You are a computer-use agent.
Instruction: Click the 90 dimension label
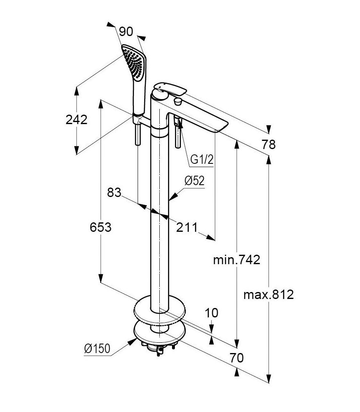[126, 32]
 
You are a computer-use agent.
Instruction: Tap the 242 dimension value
[77, 120]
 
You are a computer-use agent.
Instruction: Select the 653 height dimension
[101, 227]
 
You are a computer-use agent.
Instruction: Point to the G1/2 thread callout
[202, 159]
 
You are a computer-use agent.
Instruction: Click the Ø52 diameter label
[195, 181]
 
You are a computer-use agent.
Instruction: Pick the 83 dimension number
[114, 192]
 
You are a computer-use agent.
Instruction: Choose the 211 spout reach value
[187, 227]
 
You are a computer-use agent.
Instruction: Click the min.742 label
[236, 260]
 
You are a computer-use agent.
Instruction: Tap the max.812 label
[269, 294]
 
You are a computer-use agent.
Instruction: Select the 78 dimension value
[269, 145]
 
